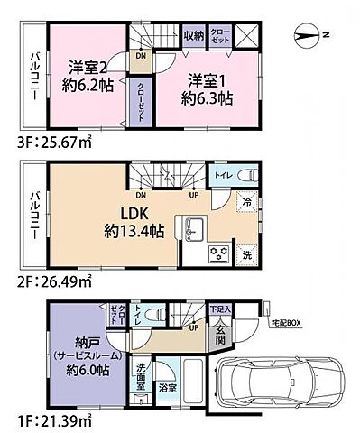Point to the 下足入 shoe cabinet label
[219, 309]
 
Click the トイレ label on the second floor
[220, 177]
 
